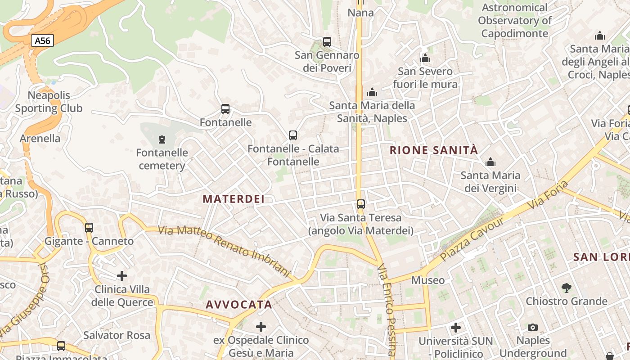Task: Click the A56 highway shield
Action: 43,41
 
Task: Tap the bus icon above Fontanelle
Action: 225,109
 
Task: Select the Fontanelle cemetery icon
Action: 162,139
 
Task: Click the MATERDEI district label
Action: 233,199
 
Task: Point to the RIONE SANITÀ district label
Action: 433,150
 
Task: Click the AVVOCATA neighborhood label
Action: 239,305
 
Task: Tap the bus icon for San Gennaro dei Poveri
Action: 327,42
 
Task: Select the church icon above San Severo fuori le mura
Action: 425,58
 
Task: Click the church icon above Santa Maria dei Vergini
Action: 490,162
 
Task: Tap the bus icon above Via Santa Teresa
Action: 361,204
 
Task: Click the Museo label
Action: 428,280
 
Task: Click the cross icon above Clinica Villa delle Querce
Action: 122,275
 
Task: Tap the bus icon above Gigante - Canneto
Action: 89,228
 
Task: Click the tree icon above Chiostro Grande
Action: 567,288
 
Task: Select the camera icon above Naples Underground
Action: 533,327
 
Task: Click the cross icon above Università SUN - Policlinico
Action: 456,328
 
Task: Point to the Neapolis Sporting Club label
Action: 49,102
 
